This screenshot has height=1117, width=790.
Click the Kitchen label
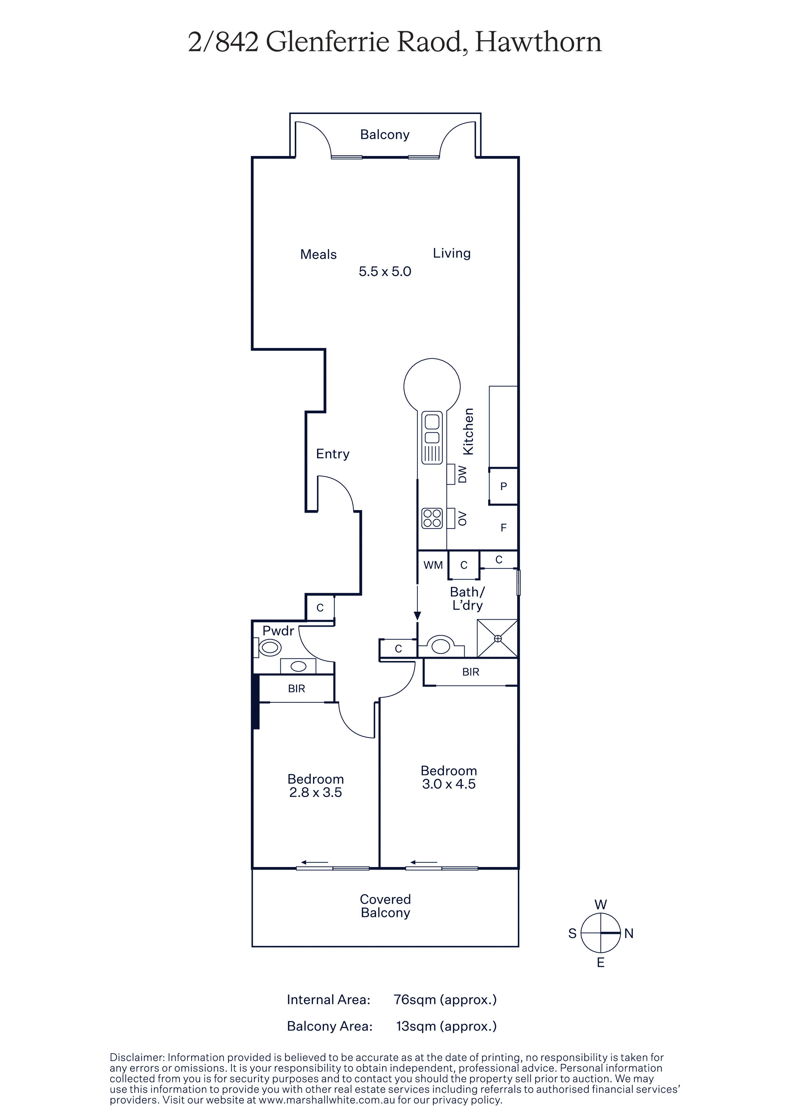coord(468,431)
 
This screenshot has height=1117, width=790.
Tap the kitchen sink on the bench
coord(432,438)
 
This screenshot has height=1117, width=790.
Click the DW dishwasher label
coord(462,474)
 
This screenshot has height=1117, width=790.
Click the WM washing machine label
coord(433,565)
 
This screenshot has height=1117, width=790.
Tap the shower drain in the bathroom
coord(497,638)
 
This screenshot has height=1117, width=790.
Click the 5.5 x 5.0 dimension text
coord(385,272)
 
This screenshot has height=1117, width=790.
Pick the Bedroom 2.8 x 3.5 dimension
coord(315,793)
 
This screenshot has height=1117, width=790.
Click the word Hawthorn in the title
coord(538,42)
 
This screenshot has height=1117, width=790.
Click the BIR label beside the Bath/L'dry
coord(471,672)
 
